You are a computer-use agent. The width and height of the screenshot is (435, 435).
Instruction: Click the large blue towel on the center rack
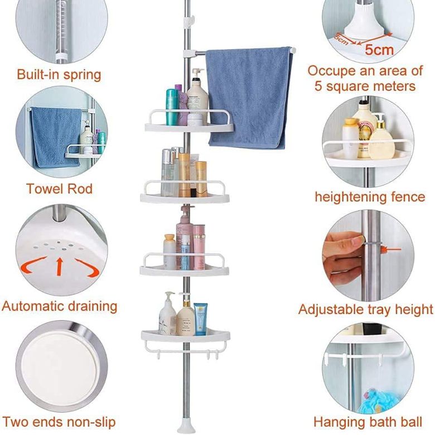pos(248,97)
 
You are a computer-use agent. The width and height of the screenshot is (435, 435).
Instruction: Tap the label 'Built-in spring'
pos(59,75)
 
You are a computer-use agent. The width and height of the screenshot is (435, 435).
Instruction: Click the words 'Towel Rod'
pos(59,189)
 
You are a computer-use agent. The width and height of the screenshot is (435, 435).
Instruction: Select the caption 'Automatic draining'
pos(59,307)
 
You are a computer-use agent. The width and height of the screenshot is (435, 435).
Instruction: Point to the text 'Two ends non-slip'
pos(59,422)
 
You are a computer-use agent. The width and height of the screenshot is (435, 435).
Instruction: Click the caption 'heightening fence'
pos(370,197)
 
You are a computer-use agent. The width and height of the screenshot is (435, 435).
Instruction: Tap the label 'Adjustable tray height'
pos(366,310)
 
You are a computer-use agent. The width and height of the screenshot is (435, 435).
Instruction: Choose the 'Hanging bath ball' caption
pos(368,422)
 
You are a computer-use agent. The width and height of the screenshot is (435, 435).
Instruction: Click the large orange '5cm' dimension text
pos(379,50)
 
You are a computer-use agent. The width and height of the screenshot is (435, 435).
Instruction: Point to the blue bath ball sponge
pos(379,401)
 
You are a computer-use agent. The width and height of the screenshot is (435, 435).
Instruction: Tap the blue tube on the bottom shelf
pos(200,319)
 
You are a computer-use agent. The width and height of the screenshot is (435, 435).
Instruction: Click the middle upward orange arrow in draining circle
pos(59,267)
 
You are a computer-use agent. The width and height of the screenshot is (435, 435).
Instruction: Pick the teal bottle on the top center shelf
pos(172,107)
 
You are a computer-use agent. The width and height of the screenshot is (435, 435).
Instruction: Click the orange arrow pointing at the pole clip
pos(391,249)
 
